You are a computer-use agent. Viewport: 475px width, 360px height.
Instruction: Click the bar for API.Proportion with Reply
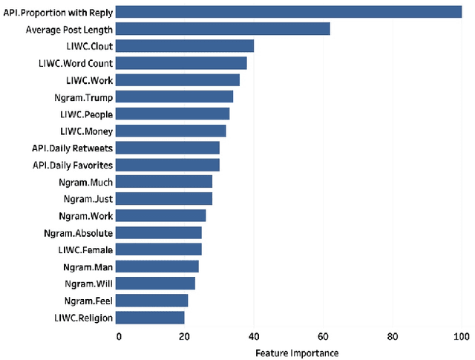tap(289, 12)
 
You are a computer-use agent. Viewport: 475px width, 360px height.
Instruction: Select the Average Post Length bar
tap(223, 29)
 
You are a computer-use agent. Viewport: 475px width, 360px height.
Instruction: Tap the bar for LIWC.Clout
tap(186, 46)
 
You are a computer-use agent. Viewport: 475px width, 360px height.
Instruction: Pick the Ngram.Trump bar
tap(175, 96)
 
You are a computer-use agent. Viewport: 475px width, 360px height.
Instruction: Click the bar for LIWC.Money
tap(171, 131)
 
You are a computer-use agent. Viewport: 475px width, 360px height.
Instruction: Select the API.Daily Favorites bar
tap(168, 165)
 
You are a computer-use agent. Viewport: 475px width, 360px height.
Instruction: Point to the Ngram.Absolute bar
tap(160, 233)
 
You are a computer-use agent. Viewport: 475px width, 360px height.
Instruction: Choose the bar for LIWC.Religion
tap(151, 318)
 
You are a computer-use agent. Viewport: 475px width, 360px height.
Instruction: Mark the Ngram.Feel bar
tap(153, 301)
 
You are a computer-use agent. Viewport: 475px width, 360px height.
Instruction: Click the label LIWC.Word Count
tap(76, 63)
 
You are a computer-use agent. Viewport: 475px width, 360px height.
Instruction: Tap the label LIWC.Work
tap(87, 80)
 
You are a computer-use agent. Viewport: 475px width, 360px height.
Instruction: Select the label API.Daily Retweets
tap(73, 148)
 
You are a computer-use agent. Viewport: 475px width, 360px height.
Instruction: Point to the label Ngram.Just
tap(88, 199)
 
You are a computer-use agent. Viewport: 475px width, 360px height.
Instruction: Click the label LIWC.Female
tap(83, 250)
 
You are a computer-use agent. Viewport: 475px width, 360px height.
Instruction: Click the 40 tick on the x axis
tap(254, 336)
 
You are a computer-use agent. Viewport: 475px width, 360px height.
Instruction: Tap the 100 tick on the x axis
tap(461, 336)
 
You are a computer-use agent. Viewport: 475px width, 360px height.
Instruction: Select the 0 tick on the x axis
tap(118, 336)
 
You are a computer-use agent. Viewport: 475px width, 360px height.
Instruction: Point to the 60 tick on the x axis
tap(324, 336)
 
